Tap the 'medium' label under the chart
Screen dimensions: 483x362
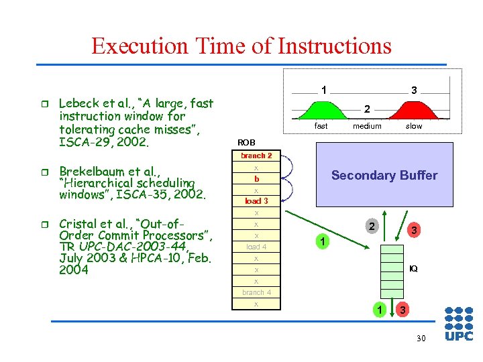(367, 126)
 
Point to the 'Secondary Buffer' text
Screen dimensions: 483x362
(384, 176)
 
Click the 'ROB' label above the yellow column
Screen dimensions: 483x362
(246, 142)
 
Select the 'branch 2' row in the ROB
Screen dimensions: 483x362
(256, 156)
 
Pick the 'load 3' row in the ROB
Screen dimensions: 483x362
(256, 201)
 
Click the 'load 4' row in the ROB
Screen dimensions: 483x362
(256, 247)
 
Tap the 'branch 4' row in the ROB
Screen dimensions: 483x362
(256, 292)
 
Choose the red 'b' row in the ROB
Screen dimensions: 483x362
(256, 179)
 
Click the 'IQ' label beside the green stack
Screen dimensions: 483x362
(413, 268)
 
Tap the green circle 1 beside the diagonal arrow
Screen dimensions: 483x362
(322, 241)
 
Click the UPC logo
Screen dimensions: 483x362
(459, 324)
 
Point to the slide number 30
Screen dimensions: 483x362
(421, 339)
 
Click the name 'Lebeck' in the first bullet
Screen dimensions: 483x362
(78, 103)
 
